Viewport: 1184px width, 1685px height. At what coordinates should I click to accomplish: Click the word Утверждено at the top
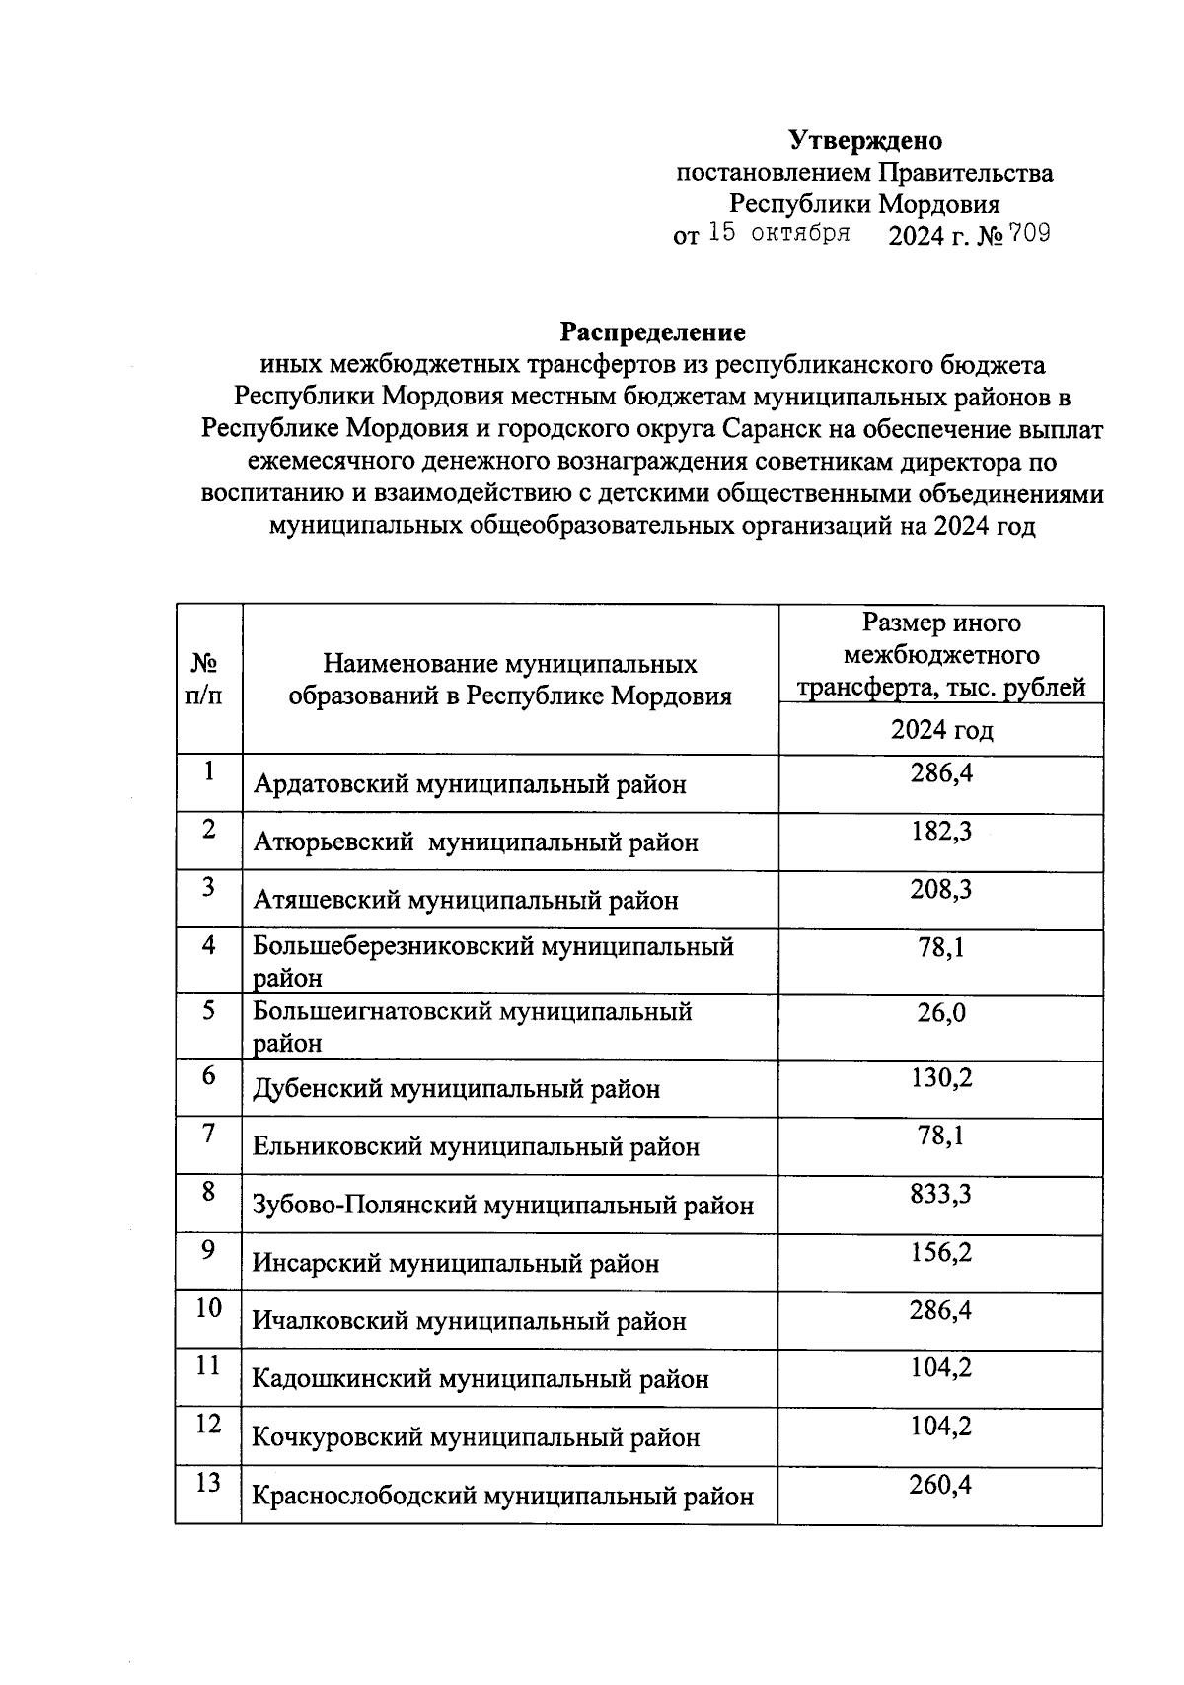pos(865,141)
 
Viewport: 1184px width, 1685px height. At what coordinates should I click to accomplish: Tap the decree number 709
pos(1028,235)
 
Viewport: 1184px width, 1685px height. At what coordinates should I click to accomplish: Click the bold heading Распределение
pos(653,331)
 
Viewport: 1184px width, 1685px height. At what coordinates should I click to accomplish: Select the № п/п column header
pos(204,679)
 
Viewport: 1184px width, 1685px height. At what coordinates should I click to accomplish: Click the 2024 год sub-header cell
pos(940,730)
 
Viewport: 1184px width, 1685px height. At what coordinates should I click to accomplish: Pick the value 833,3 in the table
pos(940,1195)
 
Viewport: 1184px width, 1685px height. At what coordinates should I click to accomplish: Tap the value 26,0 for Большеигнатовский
pos(940,1012)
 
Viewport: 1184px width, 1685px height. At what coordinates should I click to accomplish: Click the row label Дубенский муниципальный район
pos(457,1089)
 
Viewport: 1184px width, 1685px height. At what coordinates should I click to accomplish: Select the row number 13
pos(207,1483)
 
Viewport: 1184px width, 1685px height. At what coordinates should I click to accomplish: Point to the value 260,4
pos(940,1484)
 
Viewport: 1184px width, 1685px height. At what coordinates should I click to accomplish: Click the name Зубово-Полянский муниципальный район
pos(503,1206)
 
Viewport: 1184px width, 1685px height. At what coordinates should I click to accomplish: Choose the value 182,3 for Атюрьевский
pos(940,832)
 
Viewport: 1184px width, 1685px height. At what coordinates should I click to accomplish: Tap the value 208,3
pos(940,890)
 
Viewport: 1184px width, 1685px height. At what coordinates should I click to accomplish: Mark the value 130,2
pos(940,1077)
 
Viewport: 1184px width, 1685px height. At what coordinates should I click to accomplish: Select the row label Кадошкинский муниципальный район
pos(481,1379)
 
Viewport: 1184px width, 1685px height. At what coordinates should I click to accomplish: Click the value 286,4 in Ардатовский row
pos(940,773)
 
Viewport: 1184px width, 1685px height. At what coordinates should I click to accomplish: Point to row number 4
pos(208,945)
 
